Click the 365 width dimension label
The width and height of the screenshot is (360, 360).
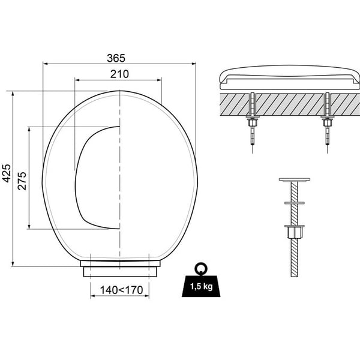pyautogui.click(x=116, y=58)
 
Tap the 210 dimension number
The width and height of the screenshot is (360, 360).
pyautogui.click(x=119, y=74)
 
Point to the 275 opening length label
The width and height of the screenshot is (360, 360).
pyautogui.click(x=22, y=181)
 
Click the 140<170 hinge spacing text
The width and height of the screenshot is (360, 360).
pyautogui.click(x=121, y=290)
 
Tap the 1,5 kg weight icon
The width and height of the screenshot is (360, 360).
pyautogui.click(x=201, y=284)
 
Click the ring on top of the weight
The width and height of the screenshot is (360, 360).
pyautogui.click(x=201, y=268)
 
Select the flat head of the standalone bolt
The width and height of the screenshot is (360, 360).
pyautogui.click(x=295, y=179)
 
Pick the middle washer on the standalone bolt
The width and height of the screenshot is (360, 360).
pyautogui.click(x=295, y=203)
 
